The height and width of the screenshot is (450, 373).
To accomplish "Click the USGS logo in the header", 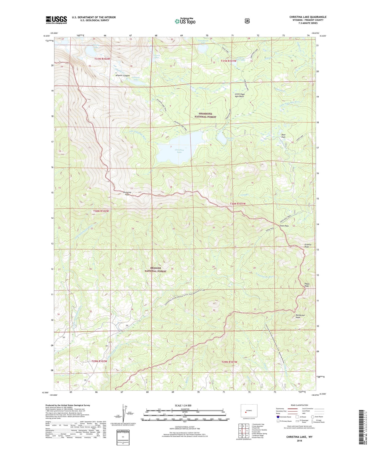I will point(56,20).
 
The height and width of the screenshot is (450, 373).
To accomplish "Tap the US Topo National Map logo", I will point(185,21).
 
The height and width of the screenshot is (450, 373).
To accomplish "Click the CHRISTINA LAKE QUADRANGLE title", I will point(308,17).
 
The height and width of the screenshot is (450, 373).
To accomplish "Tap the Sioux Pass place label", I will point(284,226).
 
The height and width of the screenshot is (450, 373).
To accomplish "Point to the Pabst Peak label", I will point(307,285).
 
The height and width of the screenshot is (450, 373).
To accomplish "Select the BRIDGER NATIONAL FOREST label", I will point(155,270).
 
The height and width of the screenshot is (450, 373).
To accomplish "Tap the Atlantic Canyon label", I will point(122,76).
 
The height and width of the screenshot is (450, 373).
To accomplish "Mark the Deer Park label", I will point(283,136).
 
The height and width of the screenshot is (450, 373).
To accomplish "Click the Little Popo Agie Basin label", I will point(240,95).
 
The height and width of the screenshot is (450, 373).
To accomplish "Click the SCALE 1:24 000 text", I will point(183,405).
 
